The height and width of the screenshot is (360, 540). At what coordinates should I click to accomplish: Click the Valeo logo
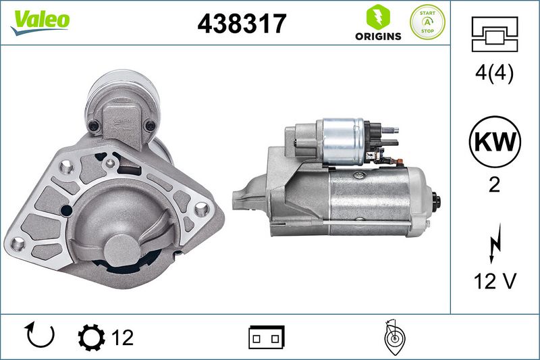point(40,22)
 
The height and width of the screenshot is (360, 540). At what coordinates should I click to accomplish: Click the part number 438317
point(242,24)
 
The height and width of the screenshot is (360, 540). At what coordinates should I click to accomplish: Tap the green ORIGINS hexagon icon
point(378,16)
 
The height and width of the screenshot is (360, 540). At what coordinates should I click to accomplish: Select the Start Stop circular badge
point(427,22)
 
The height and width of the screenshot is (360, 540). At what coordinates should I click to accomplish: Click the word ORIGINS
point(378,36)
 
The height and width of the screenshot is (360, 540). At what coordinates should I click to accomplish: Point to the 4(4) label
point(494,73)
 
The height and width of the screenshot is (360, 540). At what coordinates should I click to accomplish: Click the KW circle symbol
point(495,142)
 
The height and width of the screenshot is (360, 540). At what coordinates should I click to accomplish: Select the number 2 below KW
point(495,185)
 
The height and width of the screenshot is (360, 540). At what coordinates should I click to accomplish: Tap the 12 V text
point(495,281)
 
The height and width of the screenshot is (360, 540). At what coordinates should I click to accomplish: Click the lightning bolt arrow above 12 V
point(495,243)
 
